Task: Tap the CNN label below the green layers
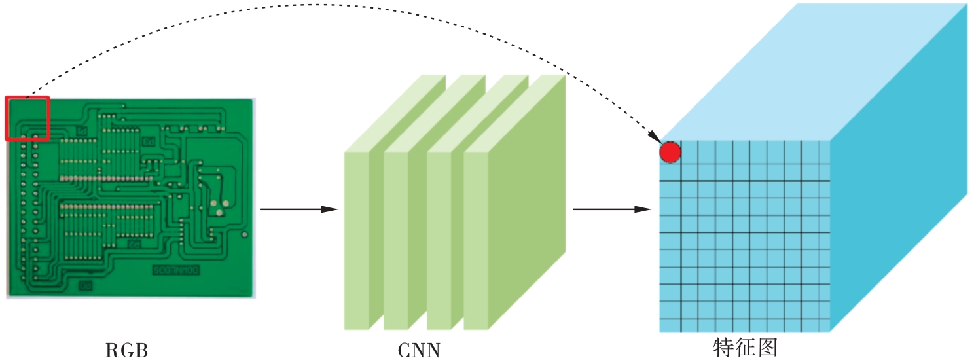point(419,351)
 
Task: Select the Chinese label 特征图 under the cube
point(745,347)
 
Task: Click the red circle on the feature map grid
point(670,153)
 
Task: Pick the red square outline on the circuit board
point(27,118)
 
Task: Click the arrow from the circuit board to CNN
point(298,209)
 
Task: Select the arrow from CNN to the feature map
point(612,209)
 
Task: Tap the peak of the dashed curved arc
point(321,5)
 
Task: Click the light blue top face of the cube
point(812,72)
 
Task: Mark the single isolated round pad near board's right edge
point(244,234)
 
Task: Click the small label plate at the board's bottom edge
point(86,285)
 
